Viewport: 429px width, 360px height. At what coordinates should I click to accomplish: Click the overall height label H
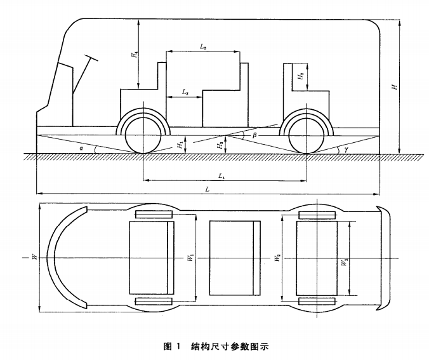click(x=395, y=88)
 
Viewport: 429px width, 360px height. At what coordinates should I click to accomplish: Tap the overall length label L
click(x=208, y=189)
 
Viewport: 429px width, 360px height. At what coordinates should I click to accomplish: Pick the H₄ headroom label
click(x=135, y=55)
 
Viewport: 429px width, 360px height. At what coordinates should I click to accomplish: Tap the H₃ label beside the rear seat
click(x=301, y=76)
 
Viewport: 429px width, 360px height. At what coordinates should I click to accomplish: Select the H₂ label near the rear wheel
click(x=220, y=145)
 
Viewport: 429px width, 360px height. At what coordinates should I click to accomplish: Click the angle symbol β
click(x=254, y=135)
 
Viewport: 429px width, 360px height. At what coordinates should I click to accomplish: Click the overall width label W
click(x=35, y=257)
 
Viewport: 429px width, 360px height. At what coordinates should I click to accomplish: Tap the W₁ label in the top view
click(x=189, y=257)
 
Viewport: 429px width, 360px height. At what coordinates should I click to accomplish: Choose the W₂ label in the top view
click(x=277, y=257)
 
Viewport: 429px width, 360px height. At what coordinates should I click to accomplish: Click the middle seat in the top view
click(x=235, y=257)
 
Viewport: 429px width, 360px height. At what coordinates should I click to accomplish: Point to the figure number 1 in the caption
click(x=179, y=347)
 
